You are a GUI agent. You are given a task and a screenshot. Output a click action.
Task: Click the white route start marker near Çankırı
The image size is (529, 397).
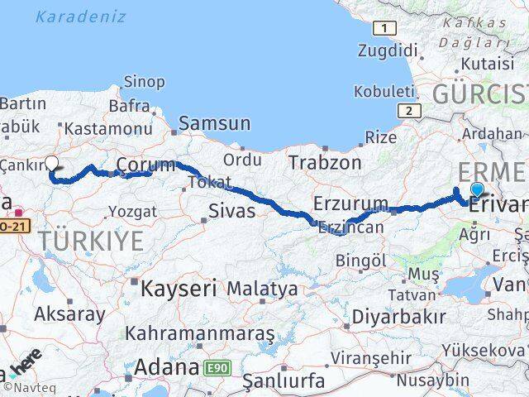(x=51, y=163)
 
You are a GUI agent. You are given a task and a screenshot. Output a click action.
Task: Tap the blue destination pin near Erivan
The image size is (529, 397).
(x=477, y=189)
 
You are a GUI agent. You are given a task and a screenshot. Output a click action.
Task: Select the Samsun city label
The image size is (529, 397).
(x=214, y=123)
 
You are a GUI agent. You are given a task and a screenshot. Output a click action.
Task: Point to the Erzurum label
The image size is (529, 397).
(x=350, y=203)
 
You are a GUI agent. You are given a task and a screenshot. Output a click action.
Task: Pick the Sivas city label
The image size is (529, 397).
(x=231, y=210)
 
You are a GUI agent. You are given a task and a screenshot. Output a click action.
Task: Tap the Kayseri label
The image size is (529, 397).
(x=179, y=289)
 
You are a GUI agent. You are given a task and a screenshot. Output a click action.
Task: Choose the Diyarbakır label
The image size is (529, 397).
(x=398, y=316)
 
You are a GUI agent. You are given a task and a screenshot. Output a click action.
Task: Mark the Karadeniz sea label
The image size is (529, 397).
(x=81, y=17)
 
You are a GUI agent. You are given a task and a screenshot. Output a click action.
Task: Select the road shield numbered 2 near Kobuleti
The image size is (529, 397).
(x=407, y=110)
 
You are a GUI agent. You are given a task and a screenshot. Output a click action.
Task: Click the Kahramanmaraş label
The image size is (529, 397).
(x=200, y=333)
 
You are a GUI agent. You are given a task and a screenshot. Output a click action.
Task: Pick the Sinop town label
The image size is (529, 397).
(x=144, y=81)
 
